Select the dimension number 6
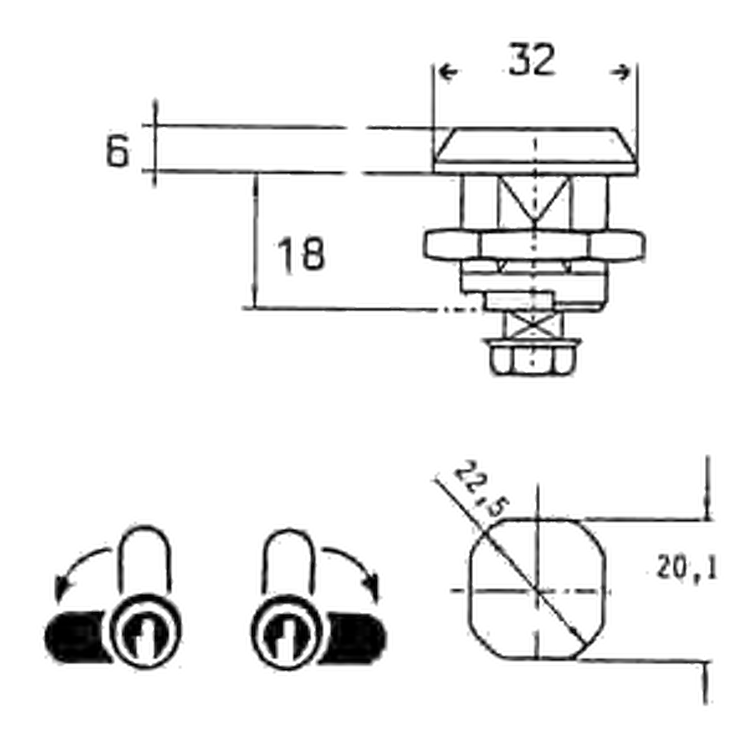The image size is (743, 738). (117, 151)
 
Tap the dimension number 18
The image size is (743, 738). (302, 254)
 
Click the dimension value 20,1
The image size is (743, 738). (687, 568)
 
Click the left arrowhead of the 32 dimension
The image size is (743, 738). (448, 72)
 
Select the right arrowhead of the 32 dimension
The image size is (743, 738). (620, 72)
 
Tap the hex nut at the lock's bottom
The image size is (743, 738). (533, 358)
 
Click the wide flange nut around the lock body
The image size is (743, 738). (534, 245)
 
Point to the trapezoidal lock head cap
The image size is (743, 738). (536, 150)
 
